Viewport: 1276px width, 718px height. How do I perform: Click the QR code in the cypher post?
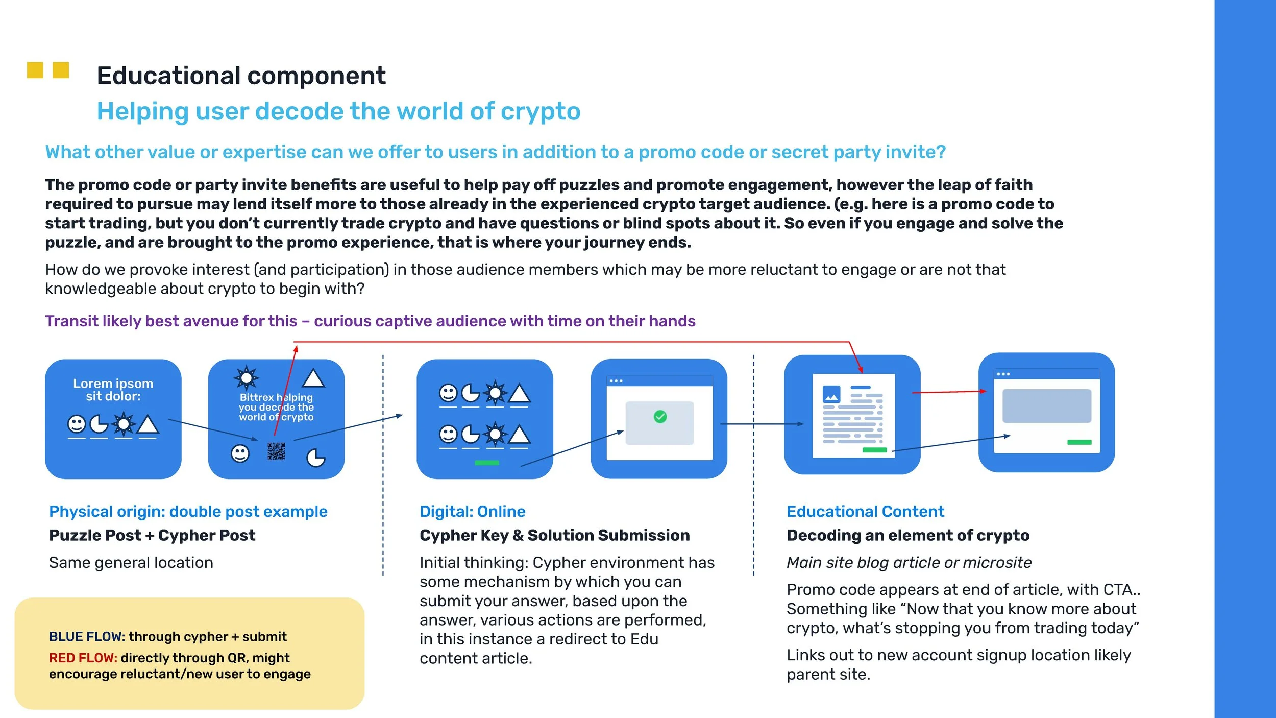[276, 451]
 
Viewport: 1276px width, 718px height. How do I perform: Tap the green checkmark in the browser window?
[660, 417]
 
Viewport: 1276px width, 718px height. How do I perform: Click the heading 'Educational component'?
[241, 76]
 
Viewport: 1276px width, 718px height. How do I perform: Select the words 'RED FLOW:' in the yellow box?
[83, 658]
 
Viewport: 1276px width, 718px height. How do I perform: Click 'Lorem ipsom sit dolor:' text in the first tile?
[113, 390]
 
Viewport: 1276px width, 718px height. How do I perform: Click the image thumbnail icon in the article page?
[831, 394]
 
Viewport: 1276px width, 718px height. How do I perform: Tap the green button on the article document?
[874, 450]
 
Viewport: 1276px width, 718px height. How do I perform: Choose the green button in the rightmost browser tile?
[1079, 442]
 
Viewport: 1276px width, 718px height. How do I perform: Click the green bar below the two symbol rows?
[486, 463]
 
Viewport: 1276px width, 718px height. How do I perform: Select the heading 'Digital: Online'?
[472, 512]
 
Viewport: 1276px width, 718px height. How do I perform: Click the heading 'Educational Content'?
[865, 512]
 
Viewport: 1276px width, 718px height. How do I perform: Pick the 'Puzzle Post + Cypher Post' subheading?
[152, 535]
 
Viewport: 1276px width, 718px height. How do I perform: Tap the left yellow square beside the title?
[35, 70]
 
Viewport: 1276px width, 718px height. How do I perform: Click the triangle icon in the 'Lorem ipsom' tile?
[148, 425]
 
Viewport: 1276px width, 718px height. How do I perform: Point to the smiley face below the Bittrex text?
[240, 453]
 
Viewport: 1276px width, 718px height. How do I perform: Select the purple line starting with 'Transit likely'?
[370, 321]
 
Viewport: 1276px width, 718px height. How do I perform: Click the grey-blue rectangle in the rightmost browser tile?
[1046, 406]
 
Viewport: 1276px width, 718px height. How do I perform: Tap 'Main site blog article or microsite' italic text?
[909, 563]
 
